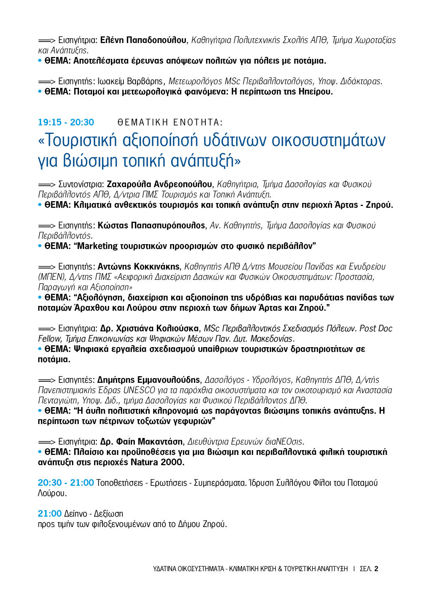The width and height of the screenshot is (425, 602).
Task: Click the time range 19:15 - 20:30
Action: click(x=66, y=122)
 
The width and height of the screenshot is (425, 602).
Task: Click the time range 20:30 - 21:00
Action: click(x=66, y=482)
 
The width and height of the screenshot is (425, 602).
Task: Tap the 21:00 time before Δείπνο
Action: click(x=50, y=513)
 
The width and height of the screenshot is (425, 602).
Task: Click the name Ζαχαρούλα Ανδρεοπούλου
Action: click(x=159, y=184)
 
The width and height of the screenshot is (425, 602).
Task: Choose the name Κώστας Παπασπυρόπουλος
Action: click(x=151, y=225)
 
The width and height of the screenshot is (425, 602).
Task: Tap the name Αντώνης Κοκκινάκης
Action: click(x=138, y=266)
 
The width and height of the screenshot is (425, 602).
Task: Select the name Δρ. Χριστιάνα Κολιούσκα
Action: click(x=150, y=328)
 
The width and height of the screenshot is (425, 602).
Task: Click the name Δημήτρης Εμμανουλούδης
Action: click(x=148, y=380)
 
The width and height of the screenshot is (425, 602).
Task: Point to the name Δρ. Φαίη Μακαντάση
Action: click(x=141, y=441)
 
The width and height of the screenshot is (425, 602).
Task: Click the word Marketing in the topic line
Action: click(x=97, y=246)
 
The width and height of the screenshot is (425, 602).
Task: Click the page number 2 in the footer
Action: click(x=376, y=569)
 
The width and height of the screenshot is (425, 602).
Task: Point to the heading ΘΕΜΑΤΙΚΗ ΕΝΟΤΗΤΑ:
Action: click(x=170, y=122)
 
